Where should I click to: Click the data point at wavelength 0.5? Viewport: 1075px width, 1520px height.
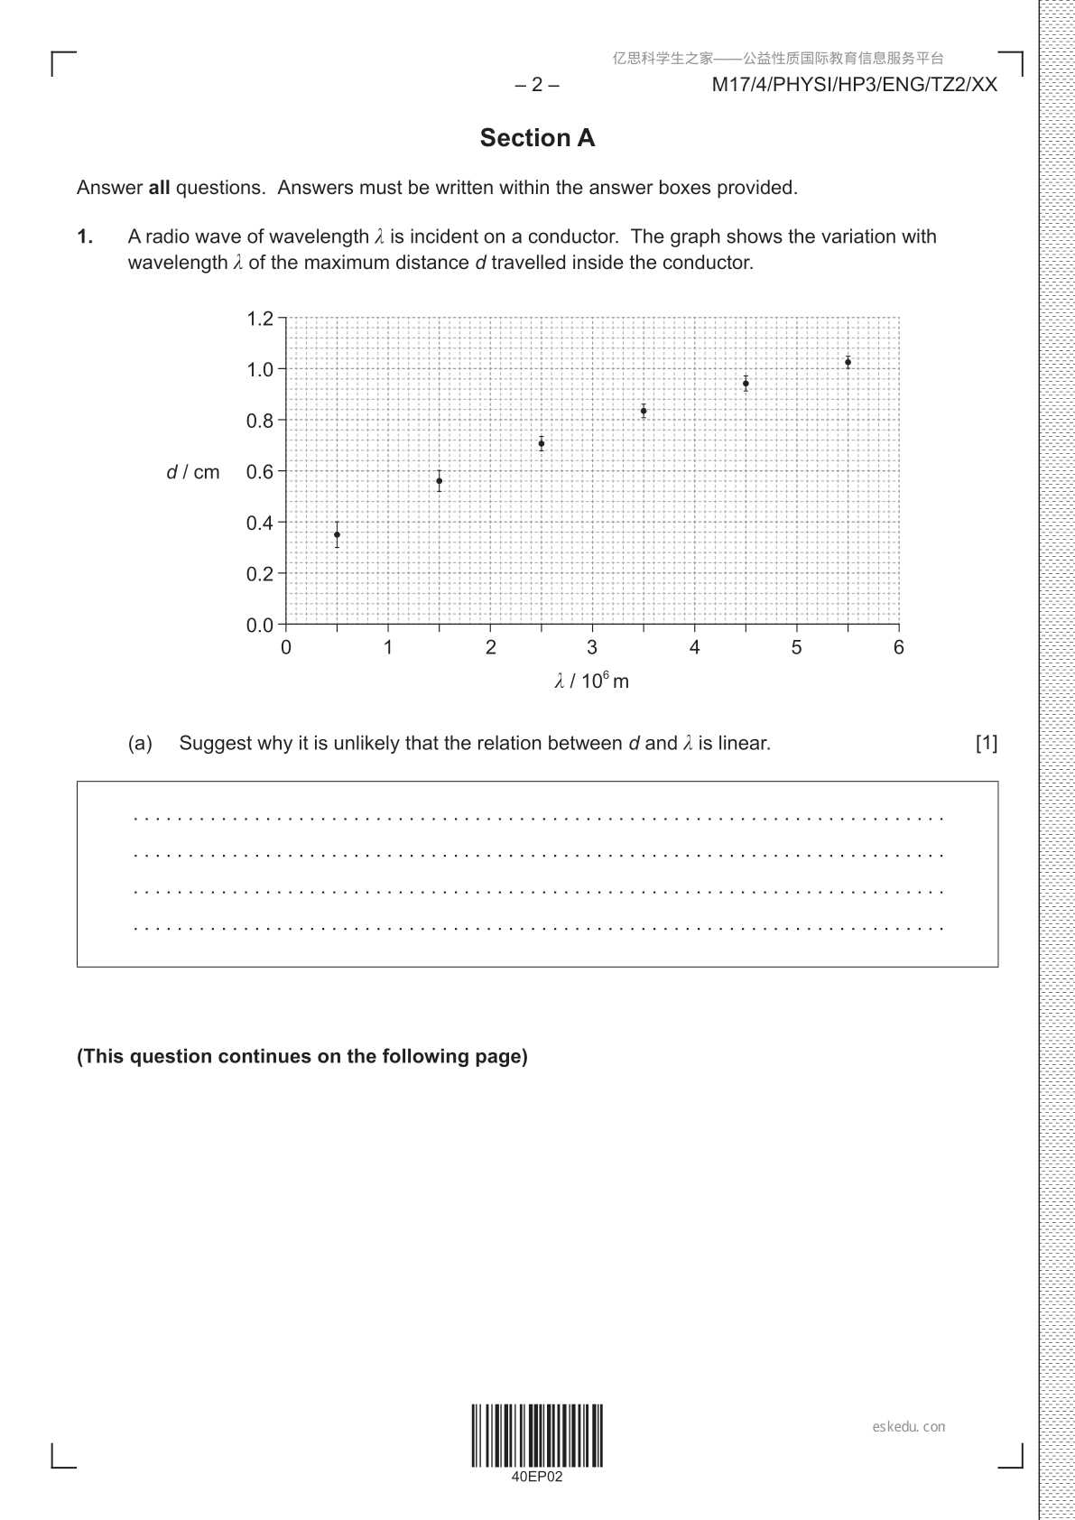pyautogui.click(x=337, y=534)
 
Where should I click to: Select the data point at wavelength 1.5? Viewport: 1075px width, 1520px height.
pyautogui.click(x=440, y=481)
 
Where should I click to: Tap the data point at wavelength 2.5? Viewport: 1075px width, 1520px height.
pyautogui.click(x=542, y=443)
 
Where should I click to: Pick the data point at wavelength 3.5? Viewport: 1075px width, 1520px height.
pyautogui.click(x=644, y=411)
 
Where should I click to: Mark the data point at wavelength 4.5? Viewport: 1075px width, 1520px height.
pyautogui.click(x=746, y=384)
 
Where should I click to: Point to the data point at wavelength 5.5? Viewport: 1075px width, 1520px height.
pyautogui.click(x=848, y=362)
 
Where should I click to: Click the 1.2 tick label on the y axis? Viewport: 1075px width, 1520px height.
pyautogui.click(x=259, y=319)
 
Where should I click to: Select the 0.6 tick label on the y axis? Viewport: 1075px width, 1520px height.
pyautogui.click(x=259, y=471)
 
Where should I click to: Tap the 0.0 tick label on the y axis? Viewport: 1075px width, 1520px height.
pyautogui.click(x=259, y=625)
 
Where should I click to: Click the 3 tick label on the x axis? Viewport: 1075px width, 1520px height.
pyautogui.click(x=592, y=647)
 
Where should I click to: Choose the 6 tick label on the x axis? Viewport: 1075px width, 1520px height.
pyautogui.click(x=898, y=647)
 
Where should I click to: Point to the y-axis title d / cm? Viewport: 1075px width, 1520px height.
pyautogui.click(x=193, y=472)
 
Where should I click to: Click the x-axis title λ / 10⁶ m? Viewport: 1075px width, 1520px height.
pyautogui.click(x=592, y=681)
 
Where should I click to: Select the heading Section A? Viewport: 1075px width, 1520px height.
pyautogui.click(x=537, y=138)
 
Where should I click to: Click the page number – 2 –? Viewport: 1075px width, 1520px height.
pyautogui.click(x=537, y=85)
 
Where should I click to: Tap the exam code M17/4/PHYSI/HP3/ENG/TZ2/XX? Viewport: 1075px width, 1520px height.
pyautogui.click(x=855, y=85)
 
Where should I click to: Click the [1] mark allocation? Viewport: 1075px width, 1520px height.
pyautogui.click(x=987, y=743)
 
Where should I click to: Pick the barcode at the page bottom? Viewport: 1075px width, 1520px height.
pyautogui.click(x=537, y=1435)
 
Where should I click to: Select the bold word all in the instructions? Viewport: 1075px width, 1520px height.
pyautogui.click(x=159, y=188)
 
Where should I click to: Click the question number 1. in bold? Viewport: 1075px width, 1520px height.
pyautogui.click(x=85, y=236)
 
